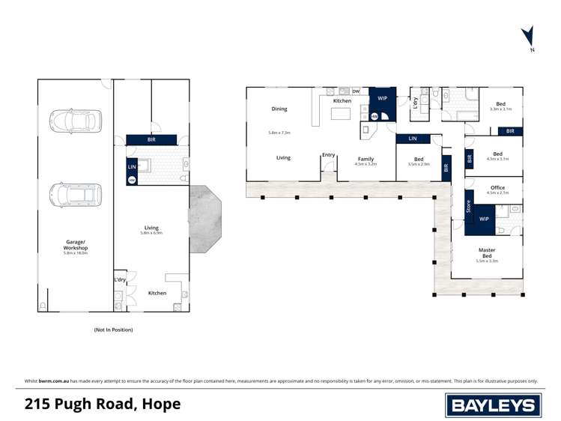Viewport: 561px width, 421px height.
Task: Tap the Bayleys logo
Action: [492, 405]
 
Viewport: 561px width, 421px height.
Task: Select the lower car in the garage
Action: [75, 196]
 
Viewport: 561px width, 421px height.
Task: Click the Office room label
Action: [497, 188]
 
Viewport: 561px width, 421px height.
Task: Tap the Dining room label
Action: [279, 109]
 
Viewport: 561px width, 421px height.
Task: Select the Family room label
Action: [366, 159]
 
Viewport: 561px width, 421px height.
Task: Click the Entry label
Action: [329, 155]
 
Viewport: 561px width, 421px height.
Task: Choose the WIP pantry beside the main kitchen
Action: [382, 98]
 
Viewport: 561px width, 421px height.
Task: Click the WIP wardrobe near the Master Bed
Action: [484, 219]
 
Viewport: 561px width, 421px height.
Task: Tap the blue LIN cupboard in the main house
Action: [412, 139]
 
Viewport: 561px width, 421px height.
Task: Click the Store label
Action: [469, 206]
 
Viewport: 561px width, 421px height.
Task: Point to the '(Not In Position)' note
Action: [113, 330]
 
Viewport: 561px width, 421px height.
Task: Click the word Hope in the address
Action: [161, 405]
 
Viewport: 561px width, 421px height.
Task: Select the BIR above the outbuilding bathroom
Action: [151, 139]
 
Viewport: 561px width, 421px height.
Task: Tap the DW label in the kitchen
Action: [356, 91]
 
